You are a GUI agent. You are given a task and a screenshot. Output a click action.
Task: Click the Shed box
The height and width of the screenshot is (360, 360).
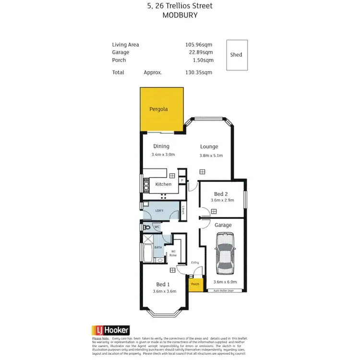(x=237, y=55)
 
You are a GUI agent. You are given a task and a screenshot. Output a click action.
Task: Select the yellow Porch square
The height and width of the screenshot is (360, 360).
(x=194, y=285)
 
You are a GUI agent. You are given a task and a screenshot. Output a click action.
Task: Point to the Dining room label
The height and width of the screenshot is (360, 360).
(x=161, y=146)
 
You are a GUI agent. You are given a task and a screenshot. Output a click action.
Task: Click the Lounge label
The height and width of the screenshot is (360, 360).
(x=209, y=146)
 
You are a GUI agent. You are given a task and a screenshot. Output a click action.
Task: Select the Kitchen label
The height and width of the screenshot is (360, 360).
(x=163, y=184)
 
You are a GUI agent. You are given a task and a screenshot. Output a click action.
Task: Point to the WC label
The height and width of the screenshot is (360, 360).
(x=156, y=227)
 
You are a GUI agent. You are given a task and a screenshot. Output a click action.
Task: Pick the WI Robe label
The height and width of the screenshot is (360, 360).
(x=173, y=253)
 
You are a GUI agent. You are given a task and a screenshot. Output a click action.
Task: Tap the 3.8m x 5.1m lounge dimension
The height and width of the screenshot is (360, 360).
(x=211, y=155)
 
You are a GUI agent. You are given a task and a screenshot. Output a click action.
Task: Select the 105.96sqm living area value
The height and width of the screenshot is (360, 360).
(x=199, y=45)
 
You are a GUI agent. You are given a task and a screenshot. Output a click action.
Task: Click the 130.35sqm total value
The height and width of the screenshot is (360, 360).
(x=199, y=72)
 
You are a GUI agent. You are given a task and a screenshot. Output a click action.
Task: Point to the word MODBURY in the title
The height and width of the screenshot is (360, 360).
(x=180, y=15)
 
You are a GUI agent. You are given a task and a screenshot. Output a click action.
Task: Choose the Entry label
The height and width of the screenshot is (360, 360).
(x=195, y=263)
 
